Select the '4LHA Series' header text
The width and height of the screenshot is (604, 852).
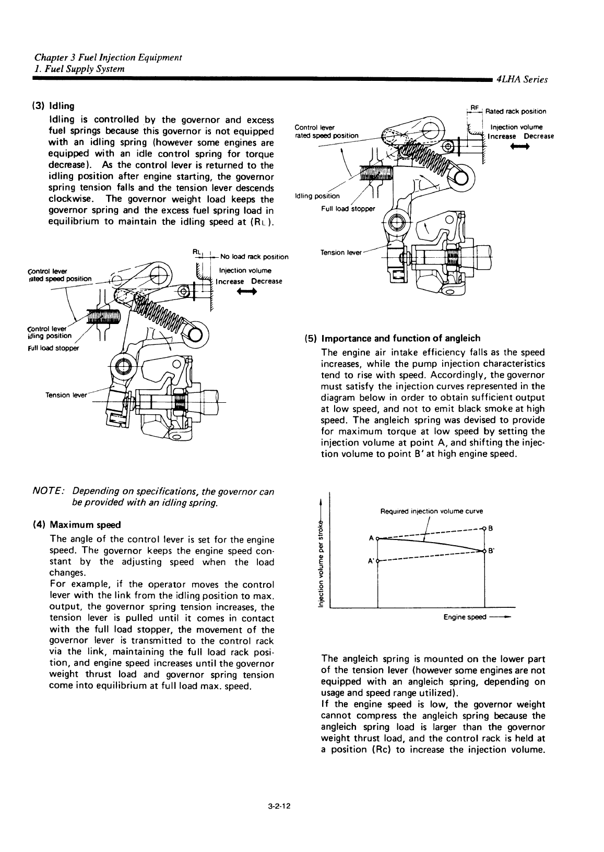point(522,80)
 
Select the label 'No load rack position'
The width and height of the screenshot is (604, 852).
point(254,257)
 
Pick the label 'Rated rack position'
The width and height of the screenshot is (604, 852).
point(516,111)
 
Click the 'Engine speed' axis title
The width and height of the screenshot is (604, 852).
point(465,617)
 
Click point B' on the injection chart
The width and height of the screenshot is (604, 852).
point(485,550)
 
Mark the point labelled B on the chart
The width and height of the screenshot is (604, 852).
point(485,528)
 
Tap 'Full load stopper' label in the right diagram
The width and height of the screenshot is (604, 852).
point(348,208)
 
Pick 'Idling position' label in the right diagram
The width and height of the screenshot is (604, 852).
point(317,196)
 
